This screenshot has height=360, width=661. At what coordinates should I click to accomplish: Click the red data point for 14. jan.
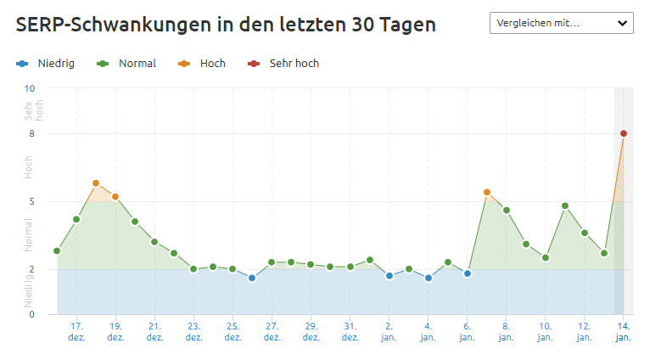click(x=624, y=133)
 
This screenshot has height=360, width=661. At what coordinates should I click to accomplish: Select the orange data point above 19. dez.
click(x=115, y=197)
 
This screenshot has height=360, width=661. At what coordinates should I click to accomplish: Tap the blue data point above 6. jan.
click(x=468, y=273)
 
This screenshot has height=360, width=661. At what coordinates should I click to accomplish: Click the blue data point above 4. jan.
click(x=429, y=278)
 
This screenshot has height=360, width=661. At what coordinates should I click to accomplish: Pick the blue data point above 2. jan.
click(x=389, y=276)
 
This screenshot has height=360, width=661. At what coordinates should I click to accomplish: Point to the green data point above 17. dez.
click(x=76, y=219)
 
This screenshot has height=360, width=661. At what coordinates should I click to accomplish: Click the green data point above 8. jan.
click(x=507, y=211)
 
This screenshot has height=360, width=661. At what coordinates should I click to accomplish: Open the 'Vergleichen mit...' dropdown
click(x=561, y=23)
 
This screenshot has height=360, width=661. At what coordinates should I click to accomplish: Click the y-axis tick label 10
click(x=30, y=88)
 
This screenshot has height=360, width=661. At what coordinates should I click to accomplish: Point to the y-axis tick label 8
click(x=31, y=133)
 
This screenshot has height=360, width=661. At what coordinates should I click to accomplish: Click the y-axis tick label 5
click(x=31, y=201)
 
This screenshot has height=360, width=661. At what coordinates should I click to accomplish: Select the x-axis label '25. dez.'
click(x=232, y=330)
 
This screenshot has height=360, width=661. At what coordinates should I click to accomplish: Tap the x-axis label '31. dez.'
click(x=350, y=330)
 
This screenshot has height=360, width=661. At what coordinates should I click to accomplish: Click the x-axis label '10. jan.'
click(x=545, y=330)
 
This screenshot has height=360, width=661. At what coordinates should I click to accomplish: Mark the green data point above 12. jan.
click(x=585, y=233)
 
